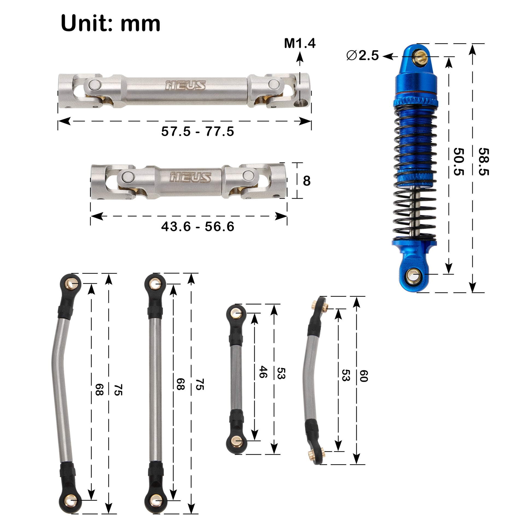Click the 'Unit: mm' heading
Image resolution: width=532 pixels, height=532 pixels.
coord(110,23)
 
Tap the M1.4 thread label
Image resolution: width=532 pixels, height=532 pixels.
coord(300,43)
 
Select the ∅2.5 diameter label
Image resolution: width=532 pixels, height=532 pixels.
coord(363,56)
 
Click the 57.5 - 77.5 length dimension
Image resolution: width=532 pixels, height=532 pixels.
coord(198,131)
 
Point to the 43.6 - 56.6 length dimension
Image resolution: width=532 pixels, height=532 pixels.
coord(198,226)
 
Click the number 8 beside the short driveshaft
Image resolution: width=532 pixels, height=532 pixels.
coord(307,181)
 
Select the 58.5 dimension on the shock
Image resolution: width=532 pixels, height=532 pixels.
coord(484,162)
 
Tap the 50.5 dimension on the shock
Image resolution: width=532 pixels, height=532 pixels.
coord(459,162)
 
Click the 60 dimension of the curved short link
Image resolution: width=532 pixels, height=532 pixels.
coord(364,376)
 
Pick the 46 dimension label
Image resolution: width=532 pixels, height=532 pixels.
coord(263,372)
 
